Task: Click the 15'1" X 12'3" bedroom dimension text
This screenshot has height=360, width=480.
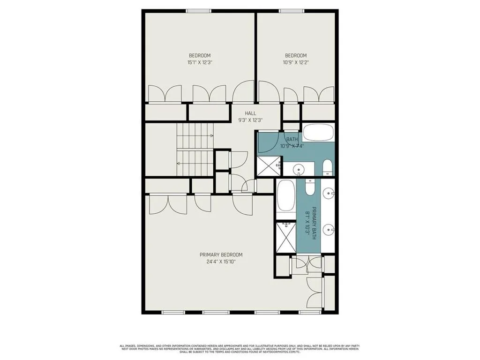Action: click(200, 62)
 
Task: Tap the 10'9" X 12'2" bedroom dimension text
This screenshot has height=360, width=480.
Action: click(296, 62)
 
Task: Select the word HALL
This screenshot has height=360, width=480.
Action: click(250, 113)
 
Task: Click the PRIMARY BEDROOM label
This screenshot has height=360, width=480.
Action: click(221, 255)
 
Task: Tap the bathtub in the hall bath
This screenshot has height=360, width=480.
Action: click(318, 133)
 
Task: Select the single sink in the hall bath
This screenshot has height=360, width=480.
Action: click(298, 168)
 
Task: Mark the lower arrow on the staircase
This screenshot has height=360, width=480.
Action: click(179, 163)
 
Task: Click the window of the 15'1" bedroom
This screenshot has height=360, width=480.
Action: click(200, 11)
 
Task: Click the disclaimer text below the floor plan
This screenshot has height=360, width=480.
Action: click(240, 349)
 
